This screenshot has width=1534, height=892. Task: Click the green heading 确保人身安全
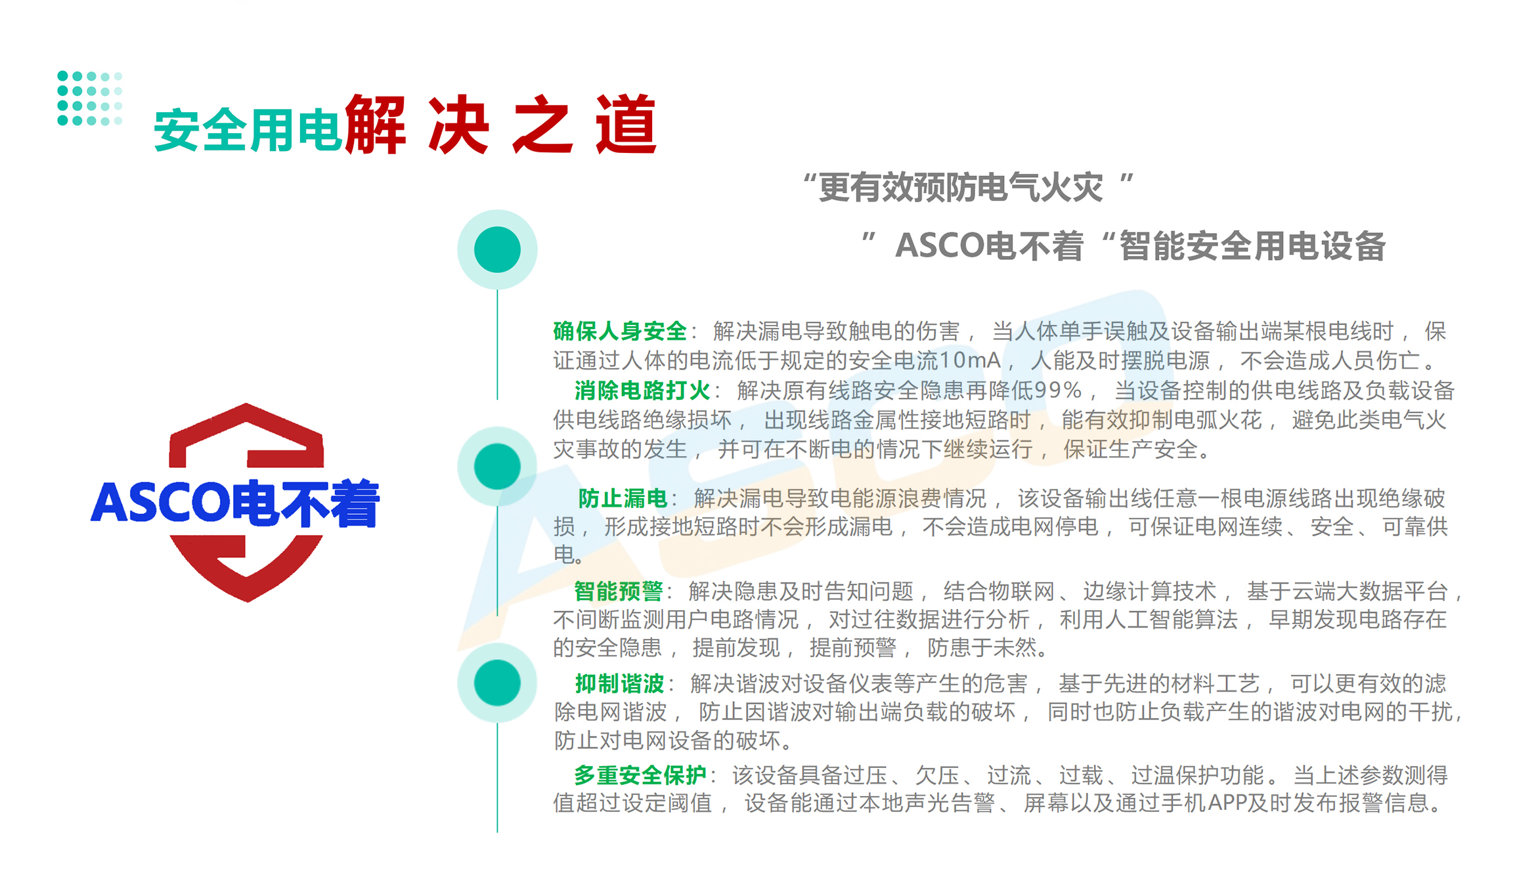click(x=619, y=331)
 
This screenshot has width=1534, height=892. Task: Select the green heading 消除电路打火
click(x=642, y=391)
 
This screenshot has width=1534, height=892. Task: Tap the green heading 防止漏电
click(x=622, y=499)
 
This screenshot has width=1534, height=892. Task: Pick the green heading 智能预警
click(x=618, y=591)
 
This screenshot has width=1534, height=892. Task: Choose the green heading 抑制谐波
click(x=619, y=684)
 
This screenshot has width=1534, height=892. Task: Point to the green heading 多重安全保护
click(x=640, y=776)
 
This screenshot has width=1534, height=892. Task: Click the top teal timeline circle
click(x=497, y=249)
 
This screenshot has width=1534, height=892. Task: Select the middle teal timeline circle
click(x=497, y=467)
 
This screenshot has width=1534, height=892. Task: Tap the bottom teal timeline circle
click(x=497, y=683)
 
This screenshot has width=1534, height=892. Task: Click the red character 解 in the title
click(x=376, y=125)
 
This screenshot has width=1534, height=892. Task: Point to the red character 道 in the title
click(x=626, y=125)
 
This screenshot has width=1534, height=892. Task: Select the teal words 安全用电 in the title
click(x=247, y=130)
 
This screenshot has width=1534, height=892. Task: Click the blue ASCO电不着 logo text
click(x=235, y=503)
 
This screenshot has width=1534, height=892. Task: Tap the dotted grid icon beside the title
click(x=89, y=98)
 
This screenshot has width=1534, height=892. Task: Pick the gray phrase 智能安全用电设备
click(x=1252, y=247)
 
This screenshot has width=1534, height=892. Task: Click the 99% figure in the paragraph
click(x=1058, y=391)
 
